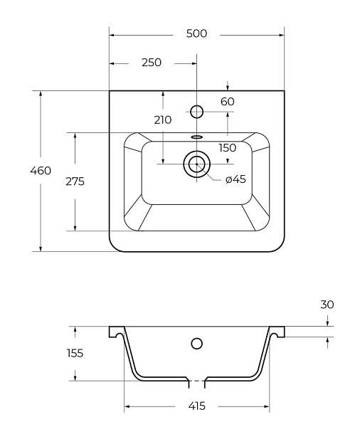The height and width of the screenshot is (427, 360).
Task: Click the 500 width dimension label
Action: click(x=196, y=33)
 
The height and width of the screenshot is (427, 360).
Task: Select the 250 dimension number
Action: click(x=152, y=63)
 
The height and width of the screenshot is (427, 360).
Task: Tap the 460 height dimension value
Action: click(x=41, y=171)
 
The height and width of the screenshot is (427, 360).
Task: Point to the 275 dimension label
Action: click(x=75, y=181)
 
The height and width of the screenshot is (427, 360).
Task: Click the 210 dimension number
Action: click(x=163, y=120)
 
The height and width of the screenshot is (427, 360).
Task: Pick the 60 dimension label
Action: click(x=228, y=102)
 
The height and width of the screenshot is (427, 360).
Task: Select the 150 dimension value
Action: click(x=228, y=148)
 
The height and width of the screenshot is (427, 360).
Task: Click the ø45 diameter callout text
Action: click(x=235, y=179)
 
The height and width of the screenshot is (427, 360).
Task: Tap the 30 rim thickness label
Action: click(x=327, y=305)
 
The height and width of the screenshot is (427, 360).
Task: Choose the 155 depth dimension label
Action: click(x=75, y=353)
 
